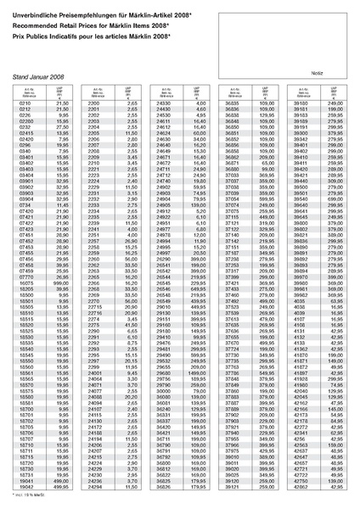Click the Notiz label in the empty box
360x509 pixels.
coord(315,71)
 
